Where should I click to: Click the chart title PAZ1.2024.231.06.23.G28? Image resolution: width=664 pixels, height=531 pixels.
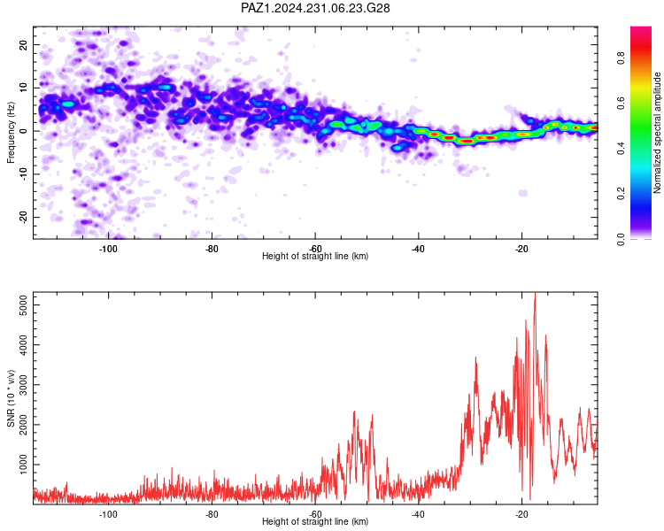[x=315, y=8]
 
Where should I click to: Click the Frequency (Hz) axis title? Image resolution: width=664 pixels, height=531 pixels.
[x=11, y=133]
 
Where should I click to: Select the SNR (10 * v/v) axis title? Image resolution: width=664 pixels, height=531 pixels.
[x=11, y=398]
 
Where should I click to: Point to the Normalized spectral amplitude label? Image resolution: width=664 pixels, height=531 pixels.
[x=657, y=133]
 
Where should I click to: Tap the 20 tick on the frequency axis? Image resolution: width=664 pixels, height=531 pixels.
[x=23, y=44]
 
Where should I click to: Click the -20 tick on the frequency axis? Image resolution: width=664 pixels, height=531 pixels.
[x=23, y=217]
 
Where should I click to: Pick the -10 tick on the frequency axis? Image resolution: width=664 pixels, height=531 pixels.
[x=23, y=174]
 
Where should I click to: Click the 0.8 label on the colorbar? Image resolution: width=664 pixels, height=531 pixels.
[x=621, y=58]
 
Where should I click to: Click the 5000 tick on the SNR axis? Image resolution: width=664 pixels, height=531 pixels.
[x=23, y=304]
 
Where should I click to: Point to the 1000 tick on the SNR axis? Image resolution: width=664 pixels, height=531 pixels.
[x=23, y=465]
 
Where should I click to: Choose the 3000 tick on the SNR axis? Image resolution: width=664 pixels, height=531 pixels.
[x=23, y=384]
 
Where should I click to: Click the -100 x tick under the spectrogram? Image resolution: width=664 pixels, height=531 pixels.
[x=108, y=249]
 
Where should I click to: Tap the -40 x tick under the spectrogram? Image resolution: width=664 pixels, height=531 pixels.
[x=418, y=249]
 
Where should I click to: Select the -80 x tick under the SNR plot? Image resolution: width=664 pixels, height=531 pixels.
[x=212, y=514]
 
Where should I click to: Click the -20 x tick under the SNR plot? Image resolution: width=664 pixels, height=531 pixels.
[x=521, y=514]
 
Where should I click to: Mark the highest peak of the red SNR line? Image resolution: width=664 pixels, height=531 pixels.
[x=535, y=293]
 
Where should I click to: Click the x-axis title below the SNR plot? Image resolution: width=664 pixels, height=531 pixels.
[x=315, y=521]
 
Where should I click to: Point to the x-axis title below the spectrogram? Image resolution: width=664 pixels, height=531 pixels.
[x=315, y=256]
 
